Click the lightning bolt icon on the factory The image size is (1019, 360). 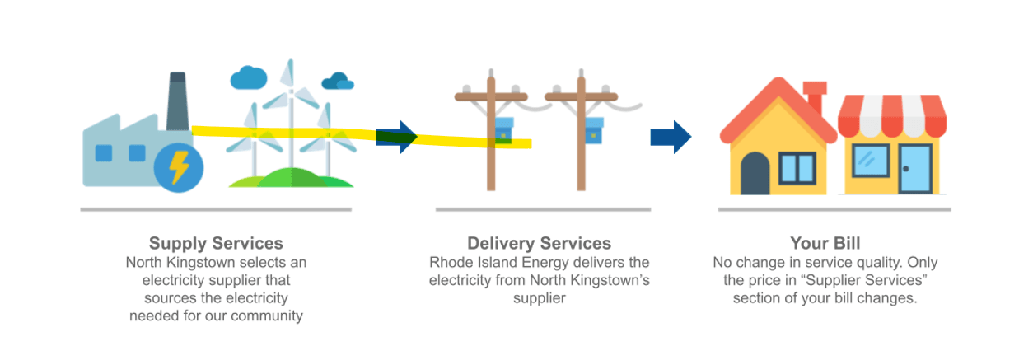[x=178, y=167]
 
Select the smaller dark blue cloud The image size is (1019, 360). [x=338, y=82]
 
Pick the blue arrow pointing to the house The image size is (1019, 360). [x=671, y=137]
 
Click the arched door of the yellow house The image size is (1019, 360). [x=755, y=173]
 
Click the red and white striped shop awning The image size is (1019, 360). [x=892, y=116]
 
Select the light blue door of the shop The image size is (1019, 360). [x=914, y=168]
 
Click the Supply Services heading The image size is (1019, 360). [x=216, y=244]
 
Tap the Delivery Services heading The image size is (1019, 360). [x=539, y=244]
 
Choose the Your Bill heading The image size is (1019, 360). [x=825, y=244]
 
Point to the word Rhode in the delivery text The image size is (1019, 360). [x=450, y=263]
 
